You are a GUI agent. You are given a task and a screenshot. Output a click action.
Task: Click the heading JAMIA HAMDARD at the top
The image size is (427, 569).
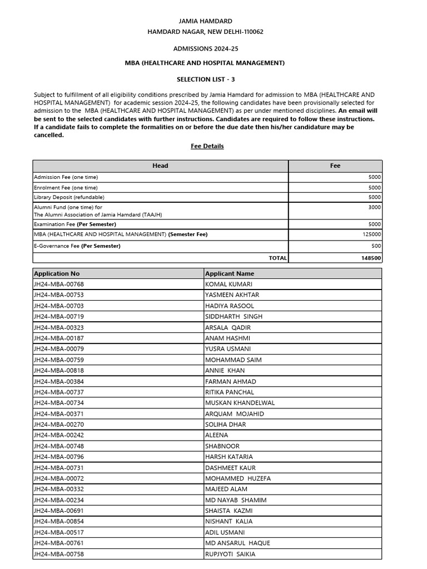205,21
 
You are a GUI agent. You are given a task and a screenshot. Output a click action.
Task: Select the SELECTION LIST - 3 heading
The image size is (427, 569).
206,79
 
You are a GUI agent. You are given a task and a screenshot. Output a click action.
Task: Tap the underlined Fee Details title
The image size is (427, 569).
207,146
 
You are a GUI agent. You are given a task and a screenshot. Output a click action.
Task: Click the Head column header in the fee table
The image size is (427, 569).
160,166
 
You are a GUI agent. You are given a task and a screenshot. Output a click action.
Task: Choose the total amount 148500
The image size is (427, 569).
371,258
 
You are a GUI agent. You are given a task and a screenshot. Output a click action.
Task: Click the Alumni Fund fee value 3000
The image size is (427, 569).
374,207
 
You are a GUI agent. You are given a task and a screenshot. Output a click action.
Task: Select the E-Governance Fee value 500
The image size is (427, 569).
376,246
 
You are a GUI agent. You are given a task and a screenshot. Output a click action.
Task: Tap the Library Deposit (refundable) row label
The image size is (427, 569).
69,197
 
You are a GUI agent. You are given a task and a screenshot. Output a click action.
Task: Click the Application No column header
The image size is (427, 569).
57,273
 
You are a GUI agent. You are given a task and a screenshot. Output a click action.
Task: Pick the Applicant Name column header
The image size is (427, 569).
230,273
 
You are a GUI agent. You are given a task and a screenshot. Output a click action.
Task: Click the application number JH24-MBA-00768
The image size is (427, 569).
59,284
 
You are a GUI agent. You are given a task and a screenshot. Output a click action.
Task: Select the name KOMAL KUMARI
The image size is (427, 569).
229,284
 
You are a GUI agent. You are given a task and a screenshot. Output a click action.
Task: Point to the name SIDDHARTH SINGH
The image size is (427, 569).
234,317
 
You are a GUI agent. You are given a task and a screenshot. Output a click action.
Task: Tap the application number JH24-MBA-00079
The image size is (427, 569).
59,349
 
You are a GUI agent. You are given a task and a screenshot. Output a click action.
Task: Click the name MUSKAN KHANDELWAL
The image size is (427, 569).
240,403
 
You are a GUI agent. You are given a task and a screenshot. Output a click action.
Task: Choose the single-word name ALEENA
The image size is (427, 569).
216,435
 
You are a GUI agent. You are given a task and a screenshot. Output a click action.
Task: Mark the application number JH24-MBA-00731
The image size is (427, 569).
59,468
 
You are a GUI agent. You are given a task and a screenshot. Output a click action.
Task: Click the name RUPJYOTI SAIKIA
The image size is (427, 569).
230,554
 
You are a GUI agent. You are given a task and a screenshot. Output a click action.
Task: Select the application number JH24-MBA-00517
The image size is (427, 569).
59,532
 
